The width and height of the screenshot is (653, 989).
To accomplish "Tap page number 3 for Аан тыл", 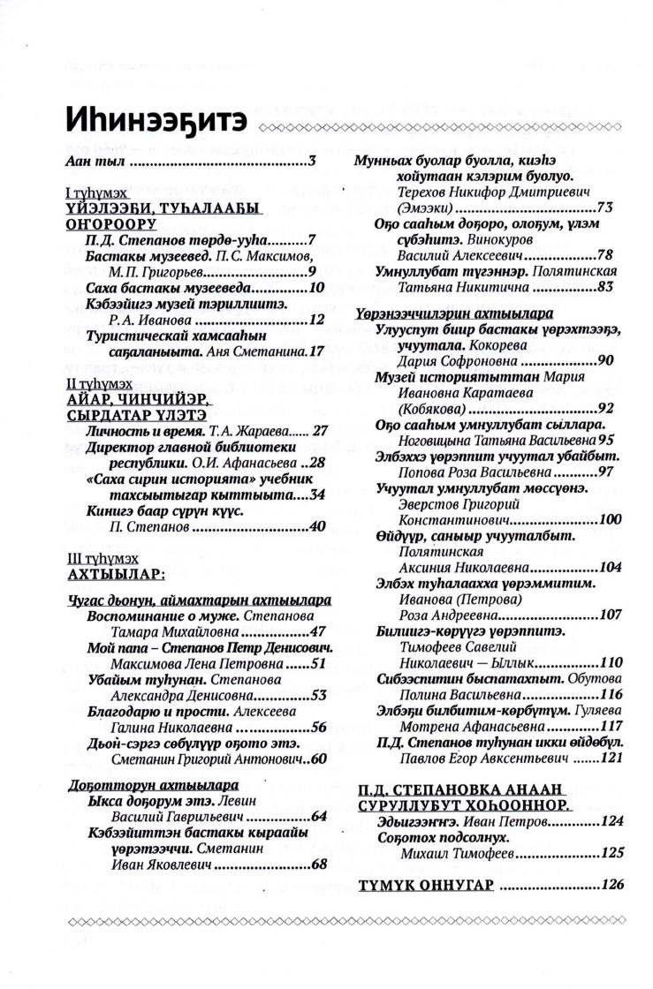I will point(313,162).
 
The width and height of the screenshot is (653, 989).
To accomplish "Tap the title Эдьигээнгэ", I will point(414,821).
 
